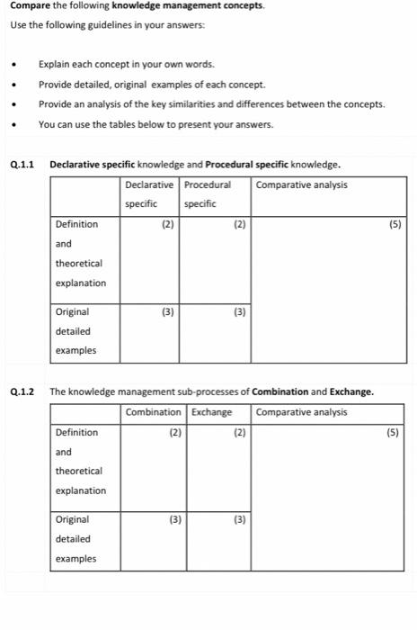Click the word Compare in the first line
coord(27,5)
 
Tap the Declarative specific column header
coord(148,193)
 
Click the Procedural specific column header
coord(208,193)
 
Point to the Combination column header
coord(153,412)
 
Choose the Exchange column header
coord(212,412)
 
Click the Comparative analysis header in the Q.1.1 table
coord(302,184)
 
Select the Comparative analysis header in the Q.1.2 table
coord(302,412)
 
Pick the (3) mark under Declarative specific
coord(167,311)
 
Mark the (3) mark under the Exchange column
coord(239,519)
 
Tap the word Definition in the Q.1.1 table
coord(76,224)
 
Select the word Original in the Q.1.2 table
coord(72,519)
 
